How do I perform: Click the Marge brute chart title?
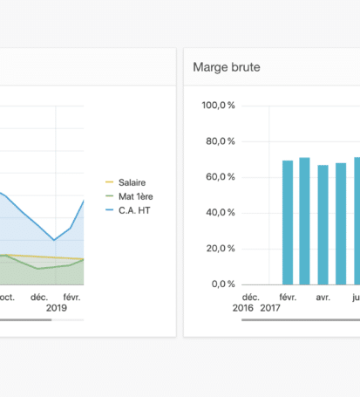pos(227,67)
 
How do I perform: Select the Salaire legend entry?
pos(126,182)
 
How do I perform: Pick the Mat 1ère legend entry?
pos(129,196)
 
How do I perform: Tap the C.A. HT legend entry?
pos(128,210)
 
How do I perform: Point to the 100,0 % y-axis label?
pos(219,105)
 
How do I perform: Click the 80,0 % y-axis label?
pos(221,141)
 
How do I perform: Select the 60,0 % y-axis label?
pos(221,176)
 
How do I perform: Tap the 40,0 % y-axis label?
pos(221,212)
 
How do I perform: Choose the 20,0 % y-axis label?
pos(221,248)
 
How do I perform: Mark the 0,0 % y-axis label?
pos(223,284)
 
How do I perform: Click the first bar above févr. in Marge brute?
pos(288,222)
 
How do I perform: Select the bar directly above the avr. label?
pos(323,225)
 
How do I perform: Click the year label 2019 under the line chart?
pos(57,308)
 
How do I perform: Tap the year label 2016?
pos(243,308)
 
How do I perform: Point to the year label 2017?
pos(270,308)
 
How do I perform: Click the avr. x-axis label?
pos(323,298)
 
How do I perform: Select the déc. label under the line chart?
pos(39,298)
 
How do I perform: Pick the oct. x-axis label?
pos(7,298)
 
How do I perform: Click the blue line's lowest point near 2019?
pos(54,240)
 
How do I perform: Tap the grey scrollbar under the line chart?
pos(25,320)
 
